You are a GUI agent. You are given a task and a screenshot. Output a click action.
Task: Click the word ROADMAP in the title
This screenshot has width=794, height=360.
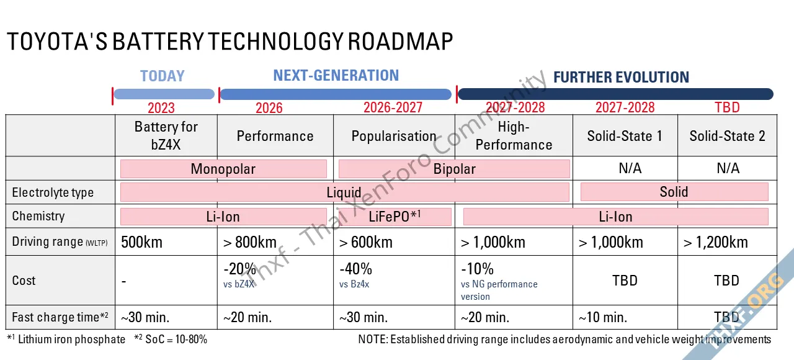pyautogui.click(x=400, y=42)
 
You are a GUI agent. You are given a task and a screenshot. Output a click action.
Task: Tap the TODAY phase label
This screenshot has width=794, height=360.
pyautogui.click(x=163, y=76)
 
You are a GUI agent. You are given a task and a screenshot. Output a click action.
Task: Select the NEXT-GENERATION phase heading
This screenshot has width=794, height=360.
pyautogui.click(x=336, y=76)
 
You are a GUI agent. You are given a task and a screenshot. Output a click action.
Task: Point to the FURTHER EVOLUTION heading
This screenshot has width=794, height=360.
pyautogui.click(x=621, y=78)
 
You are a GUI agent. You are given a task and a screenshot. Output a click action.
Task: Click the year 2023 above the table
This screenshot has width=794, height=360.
pyautogui.click(x=161, y=108)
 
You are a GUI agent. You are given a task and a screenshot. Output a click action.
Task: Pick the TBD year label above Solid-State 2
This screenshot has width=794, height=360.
pyautogui.click(x=727, y=107)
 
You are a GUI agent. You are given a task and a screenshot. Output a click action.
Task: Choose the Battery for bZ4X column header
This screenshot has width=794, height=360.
pyautogui.click(x=166, y=135)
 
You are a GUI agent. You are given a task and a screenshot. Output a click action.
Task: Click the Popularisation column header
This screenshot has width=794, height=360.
pyautogui.click(x=394, y=136)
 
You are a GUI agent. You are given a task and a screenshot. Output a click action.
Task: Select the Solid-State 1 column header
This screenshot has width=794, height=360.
pyautogui.click(x=625, y=136)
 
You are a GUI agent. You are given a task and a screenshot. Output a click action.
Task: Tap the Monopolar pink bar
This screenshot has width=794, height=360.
pyautogui.click(x=223, y=169)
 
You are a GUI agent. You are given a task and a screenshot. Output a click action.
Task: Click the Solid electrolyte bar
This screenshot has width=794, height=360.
pyautogui.click(x=674, y=192)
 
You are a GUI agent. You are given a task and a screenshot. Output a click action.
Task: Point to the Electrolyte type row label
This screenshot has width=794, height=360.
pyautogui.click(x=53, y=192)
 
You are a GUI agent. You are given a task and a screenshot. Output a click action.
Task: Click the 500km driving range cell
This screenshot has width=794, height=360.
pyautogui.click(x=141, y=242)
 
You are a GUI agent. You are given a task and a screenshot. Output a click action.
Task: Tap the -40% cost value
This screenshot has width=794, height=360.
pyautogui.click(x=356, y=269)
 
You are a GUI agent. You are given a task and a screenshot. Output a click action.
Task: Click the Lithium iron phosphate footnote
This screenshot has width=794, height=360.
pyautogui.click(x=71, y=340)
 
